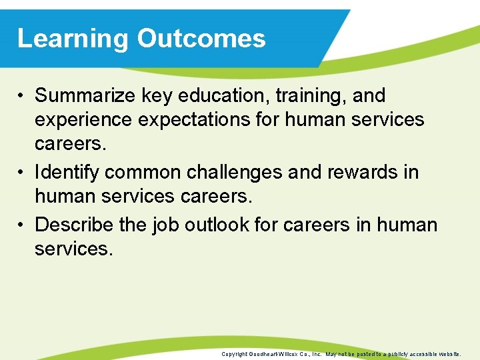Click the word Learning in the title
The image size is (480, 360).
click(x=73, y=39)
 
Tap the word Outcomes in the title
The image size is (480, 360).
click(x=201, y=39)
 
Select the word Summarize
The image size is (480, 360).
click(x=86, y=96)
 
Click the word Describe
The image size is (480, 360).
click(x=75, y=225)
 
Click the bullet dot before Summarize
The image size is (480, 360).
click(x=22, y=97)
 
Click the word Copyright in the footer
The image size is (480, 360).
click(x=235, y=354)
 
